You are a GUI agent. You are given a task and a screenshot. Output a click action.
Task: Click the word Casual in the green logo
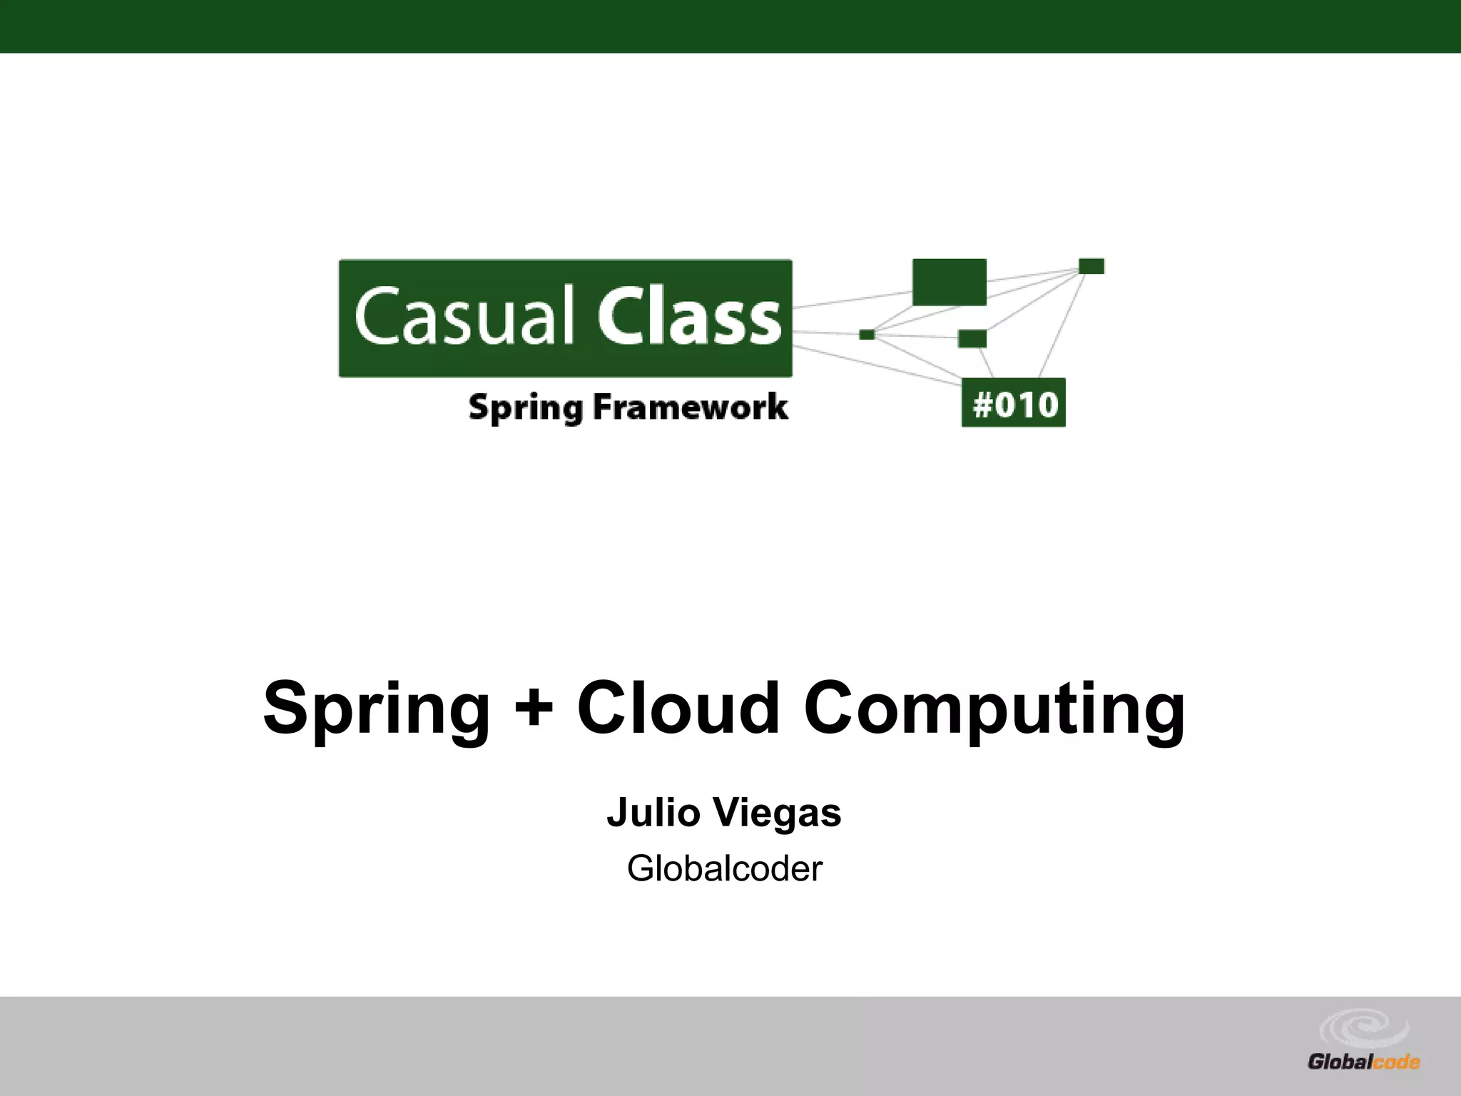pos(464,316)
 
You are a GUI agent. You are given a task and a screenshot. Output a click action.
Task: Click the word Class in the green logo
pos(689,316)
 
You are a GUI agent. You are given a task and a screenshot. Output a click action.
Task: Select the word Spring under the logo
pos(525,408)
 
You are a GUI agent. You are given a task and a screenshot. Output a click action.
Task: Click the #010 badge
pos(1013,403)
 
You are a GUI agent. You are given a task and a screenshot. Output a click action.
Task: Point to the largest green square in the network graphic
pos(949,282)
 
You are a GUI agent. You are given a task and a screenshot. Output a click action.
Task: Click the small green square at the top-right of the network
pos(1091,266)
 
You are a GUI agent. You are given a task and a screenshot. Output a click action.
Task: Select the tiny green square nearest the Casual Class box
pos(867,335)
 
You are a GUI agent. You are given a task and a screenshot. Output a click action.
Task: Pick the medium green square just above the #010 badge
pos(972,338)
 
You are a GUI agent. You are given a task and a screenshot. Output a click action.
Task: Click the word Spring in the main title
pos(377,708)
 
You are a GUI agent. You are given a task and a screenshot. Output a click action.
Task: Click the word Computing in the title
pos(994,708)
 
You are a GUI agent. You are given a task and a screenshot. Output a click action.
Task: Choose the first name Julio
pos(653,813)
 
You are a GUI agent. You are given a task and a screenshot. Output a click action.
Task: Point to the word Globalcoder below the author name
pos(724,868)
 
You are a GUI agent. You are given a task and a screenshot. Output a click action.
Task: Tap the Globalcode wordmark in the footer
pos(1363,1062)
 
